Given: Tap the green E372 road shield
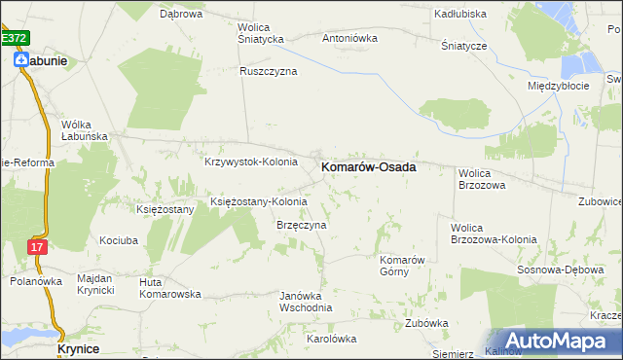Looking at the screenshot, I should tap(15, 38).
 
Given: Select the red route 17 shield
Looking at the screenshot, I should tap(36, 247).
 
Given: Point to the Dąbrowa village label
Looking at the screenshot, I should tap(180, 15).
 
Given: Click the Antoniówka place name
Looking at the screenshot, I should tap(349, 39).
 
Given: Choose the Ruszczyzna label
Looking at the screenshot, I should tap(269, 71).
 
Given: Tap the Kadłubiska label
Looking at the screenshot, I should tap(461, 15).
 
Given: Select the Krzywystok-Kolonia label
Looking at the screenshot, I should tap(250, 162).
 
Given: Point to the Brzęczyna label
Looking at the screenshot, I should tap(295, 225).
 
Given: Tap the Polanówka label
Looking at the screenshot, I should tap(37, 281).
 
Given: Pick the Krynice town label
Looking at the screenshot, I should tap(78, 347).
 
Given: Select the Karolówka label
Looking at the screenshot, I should tap(332, 339).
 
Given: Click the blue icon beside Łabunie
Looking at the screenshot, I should tap(20, 59).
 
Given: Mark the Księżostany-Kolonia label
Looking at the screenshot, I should tap(259, 201).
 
